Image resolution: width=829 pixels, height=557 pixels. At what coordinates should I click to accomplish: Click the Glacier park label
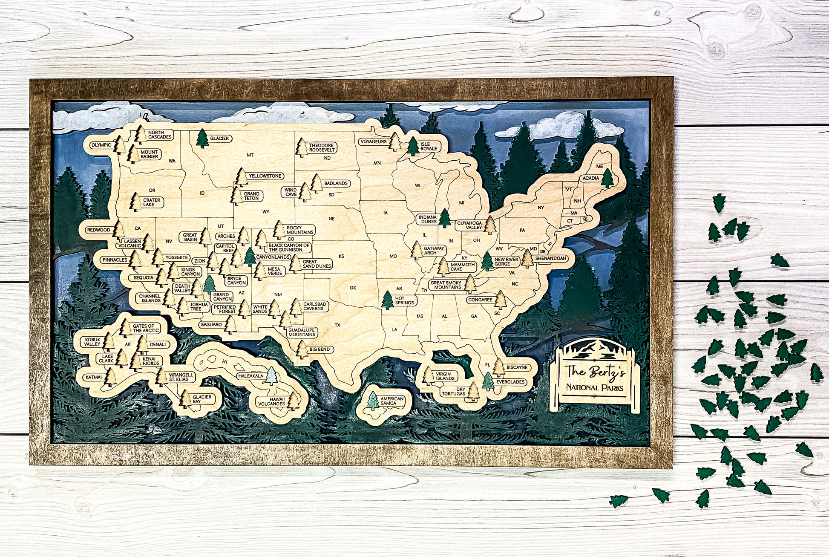tap(219, 139)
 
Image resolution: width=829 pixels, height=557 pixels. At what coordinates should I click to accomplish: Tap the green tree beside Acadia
tap(607, 178)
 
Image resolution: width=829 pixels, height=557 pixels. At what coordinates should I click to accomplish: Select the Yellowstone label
tap(265, 176)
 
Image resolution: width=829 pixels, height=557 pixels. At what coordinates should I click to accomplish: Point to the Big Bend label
tap(320, 349)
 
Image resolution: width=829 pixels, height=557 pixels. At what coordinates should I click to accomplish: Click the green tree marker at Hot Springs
tap(387, 300)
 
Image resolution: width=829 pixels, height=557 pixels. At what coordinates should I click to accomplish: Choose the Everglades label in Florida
tap(510, 382)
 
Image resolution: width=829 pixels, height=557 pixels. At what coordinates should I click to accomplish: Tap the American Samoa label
tap(392, 401)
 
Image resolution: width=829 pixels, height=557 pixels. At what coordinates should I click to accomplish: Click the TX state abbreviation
tap(337, 325)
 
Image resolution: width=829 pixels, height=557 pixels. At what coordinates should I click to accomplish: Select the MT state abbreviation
tap(250, 155)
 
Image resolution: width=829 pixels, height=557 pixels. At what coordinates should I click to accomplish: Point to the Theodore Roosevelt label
tap(322, 147)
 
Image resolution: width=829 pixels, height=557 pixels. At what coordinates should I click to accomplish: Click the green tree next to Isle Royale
tap(413, 146)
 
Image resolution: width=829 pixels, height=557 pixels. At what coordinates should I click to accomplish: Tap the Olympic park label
tap(101, 145)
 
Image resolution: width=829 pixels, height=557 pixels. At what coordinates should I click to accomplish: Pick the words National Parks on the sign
tap(594, 388)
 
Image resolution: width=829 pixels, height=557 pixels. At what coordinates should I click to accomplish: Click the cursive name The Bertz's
tap(595, 372)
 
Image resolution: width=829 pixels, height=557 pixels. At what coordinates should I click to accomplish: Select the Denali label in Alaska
tap(157, 344)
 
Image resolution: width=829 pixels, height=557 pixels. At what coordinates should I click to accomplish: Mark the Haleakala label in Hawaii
tap(250, 376)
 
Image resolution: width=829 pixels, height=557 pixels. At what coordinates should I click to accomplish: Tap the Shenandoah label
tap(550, 258)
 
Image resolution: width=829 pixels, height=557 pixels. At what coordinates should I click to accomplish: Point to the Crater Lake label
tap(151, 202)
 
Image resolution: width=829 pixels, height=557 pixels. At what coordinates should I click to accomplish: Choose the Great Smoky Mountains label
tap(446, 285)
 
